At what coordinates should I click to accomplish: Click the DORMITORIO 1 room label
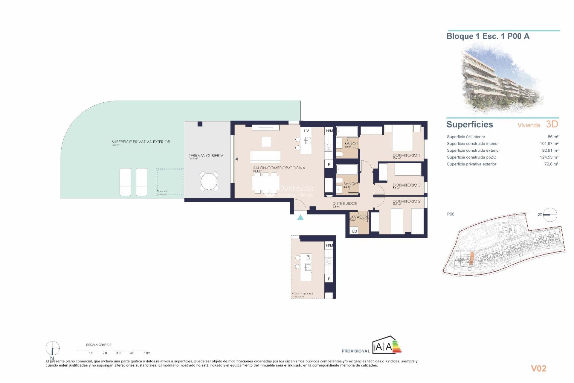[x=406, y=155]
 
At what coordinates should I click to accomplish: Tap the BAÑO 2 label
[x=350, y=184]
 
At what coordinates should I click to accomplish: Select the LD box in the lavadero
[x=355, y=231]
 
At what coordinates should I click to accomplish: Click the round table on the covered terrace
[x=209, y=181]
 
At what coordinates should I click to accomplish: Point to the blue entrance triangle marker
[x=300, y=218]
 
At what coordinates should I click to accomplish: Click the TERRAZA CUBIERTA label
[x=206, y=156]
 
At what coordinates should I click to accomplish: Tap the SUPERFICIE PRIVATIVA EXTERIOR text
[x=141, y=142]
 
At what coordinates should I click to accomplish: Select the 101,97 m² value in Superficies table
[x=549, y=144]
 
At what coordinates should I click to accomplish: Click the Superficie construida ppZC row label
[x=471, y=157]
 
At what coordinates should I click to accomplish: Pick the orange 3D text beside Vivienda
[x=552, y=124]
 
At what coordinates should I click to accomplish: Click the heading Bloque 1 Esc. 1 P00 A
[x=488, y=37]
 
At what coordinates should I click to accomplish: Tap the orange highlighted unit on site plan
[x=471, y=258]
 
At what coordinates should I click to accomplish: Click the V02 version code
[x=538, y=368]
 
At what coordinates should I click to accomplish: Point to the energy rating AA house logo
[x=387, y=346]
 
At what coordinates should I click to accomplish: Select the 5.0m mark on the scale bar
[x=146, y=353]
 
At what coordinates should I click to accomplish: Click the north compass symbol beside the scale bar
[x=53, y=348]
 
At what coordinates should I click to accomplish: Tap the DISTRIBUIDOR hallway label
[x=345, y=203]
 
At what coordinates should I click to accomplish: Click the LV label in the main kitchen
[x=306, y=131]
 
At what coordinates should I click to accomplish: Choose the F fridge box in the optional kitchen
[x=329, y=279]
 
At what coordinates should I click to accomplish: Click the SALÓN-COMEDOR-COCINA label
[x=279, y=168]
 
